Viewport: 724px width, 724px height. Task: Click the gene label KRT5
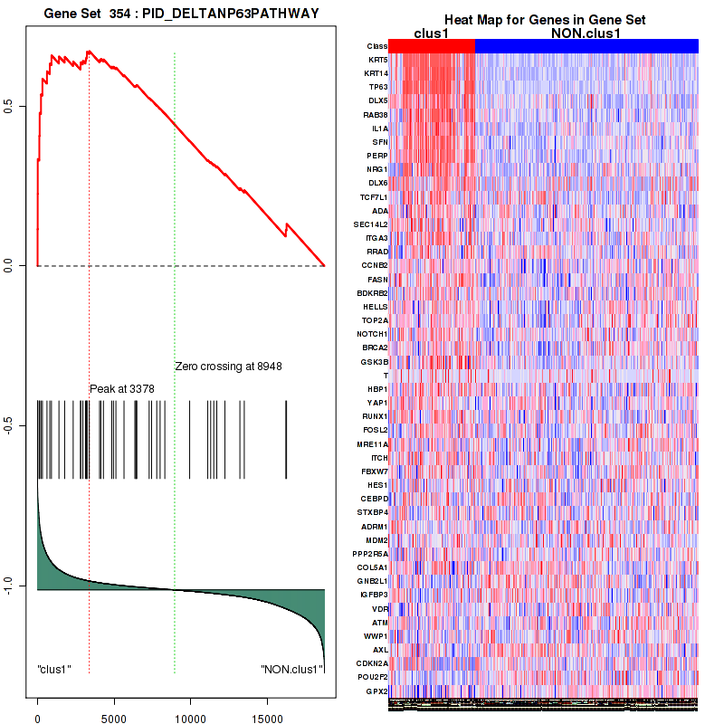pyautogui.click(x=377, y=60)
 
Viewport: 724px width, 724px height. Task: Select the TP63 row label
pyautogui.click(x=377, y=87)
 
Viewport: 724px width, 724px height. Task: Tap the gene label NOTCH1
pyautogui.click(x=373, y=334)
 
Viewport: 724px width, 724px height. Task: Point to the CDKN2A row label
pyautogui.click(x=373, y=663)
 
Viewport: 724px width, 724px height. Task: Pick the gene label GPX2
pyautogui.click(x=377, y=691)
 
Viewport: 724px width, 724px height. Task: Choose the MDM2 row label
pyautogui.click(x=376, y=540)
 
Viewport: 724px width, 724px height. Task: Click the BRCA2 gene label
pyautogui.click(x=376, y=348)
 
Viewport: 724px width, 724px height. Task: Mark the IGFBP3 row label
pyautogui.click(x=374, y=595)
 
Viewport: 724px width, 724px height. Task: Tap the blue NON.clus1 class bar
pyautogui.click(x=586, y=46)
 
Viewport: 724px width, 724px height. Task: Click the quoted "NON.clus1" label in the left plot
pyautogui.click(x=291, y=670)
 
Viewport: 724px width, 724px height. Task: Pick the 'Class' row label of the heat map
pyautogui.click(x=377, y=46)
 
